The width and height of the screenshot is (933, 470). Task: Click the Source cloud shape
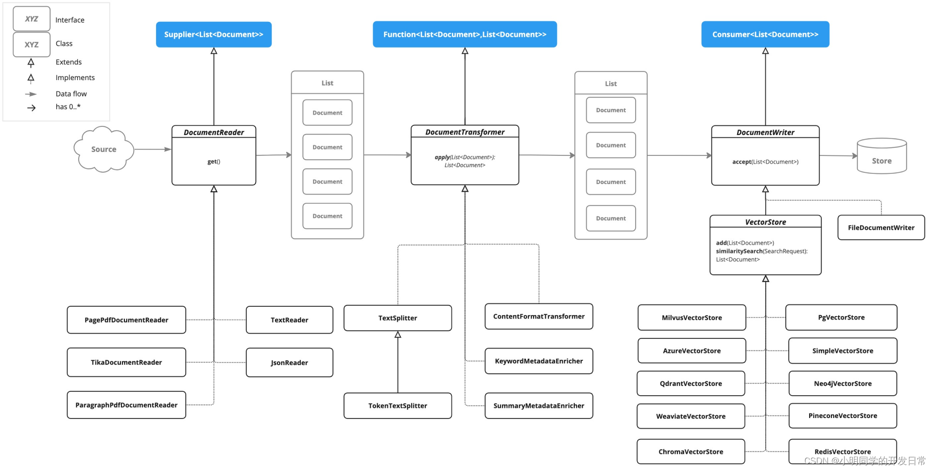point(104,150)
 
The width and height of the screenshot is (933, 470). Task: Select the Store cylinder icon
point(881,157)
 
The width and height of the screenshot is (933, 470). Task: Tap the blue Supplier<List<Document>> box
point(213,34)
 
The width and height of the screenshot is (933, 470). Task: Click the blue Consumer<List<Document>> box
point(765,34)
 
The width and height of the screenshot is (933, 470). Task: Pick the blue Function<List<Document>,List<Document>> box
point(465,34)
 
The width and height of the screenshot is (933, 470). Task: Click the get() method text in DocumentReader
point(214,162)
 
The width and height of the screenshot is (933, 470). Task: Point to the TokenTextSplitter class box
point(397,406)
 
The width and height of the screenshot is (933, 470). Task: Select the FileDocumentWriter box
point(881,228)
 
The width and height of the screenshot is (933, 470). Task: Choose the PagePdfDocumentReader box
point(126,320)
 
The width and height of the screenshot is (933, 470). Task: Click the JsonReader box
point(289,363)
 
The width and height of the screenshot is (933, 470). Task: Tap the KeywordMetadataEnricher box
point(538,361)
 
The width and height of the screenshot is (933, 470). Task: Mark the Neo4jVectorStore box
point(842,384)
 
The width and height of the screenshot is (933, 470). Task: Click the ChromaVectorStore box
point(691,452)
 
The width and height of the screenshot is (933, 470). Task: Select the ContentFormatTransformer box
point(538,317)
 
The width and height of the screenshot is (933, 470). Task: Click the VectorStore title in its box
point(765,222)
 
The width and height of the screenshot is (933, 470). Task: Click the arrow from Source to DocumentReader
point(153,150)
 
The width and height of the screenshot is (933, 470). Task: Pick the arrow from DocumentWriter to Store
point(838,156)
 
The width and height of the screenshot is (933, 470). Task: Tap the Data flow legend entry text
point(71,94)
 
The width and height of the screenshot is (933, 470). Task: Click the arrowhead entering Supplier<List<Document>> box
point(214,51)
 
